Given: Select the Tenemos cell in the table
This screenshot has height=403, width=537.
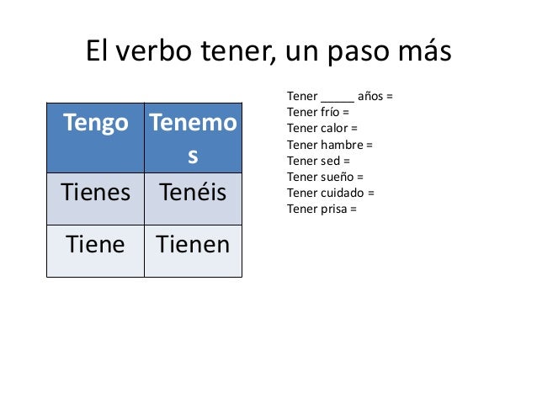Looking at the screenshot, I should pos(193,141).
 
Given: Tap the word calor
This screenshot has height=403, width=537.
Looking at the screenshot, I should pos(334,128).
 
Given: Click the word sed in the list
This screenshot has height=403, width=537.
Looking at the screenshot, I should pos(329,160).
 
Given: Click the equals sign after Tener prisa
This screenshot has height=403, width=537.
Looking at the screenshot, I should pos(354,208).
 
